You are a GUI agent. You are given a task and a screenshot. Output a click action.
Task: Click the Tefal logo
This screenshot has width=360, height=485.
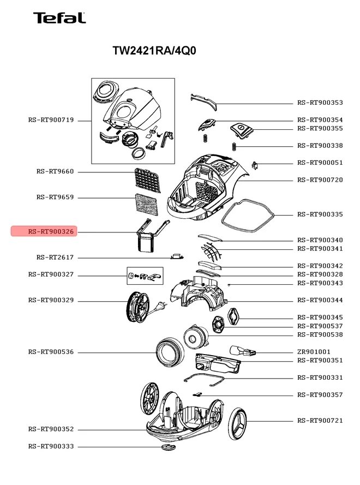[x=59, y=18]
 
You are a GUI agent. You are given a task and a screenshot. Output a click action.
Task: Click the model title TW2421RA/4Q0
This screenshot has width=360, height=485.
[x=154, y=51]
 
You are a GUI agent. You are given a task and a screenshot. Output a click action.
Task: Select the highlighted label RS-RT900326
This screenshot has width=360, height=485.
[x=51, y=232]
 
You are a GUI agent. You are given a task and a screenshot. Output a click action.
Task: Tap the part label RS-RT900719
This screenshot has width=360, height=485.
[x=51, y=120]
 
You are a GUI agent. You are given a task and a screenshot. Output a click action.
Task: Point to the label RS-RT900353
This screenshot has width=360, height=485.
[x=320, y=103]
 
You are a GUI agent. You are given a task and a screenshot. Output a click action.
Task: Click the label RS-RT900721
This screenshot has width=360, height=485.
[x=320, y=421]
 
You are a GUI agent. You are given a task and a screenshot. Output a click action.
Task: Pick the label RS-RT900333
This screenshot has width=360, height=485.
[x=51, y=446]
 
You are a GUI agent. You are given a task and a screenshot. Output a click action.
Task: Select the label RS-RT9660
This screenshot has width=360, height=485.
[x=55, y=172]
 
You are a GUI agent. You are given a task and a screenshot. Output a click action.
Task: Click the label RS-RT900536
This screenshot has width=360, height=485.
[x=51, y=352]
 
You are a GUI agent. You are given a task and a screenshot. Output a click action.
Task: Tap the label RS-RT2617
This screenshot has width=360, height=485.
[x=55, y=258]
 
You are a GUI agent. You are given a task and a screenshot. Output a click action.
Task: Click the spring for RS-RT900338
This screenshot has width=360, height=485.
[x=233, y=146]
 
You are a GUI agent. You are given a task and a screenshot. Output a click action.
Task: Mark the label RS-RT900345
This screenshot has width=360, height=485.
[x=320, y=318]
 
